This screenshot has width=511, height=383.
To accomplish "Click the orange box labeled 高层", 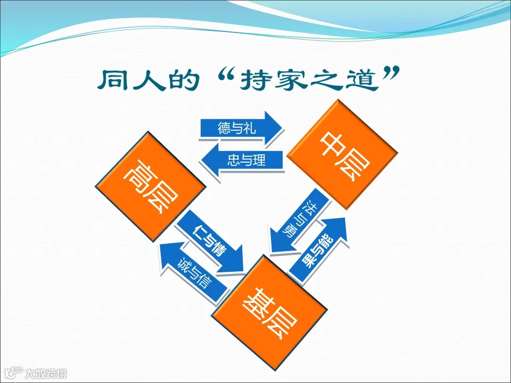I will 151,187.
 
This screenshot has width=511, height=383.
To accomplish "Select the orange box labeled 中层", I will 342,154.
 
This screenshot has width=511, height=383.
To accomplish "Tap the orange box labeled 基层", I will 268,312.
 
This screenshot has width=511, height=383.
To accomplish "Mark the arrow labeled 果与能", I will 319,251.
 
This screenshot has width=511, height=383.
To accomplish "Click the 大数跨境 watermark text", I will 48,374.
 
